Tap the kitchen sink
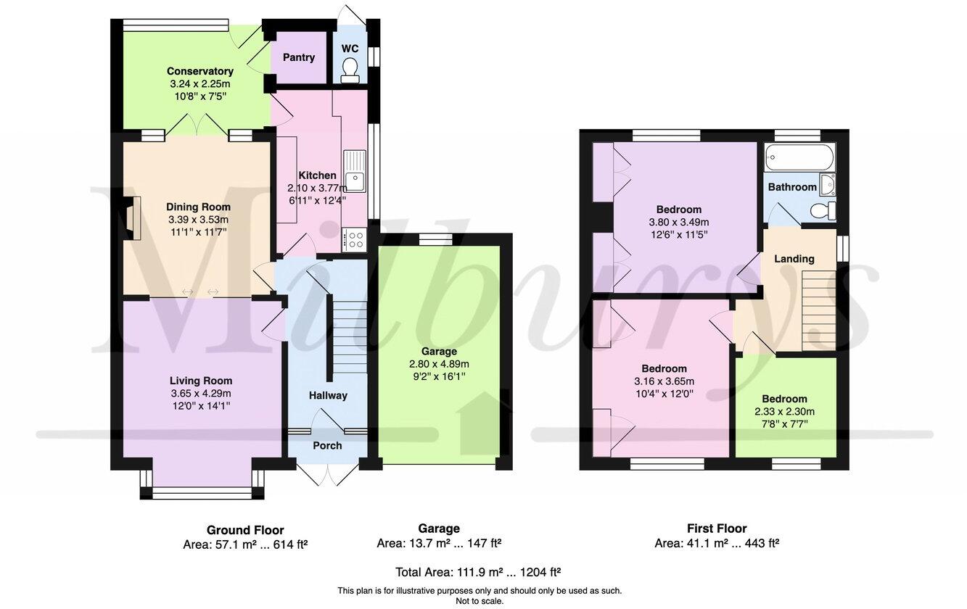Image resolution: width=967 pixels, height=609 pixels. (x=354, y=171)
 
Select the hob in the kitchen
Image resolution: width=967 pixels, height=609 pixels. (x=355, y=239)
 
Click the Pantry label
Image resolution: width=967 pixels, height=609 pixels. (x=299, y=57)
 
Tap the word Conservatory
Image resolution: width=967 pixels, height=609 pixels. (x=200, y=71)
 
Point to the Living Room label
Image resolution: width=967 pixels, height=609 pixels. (x=201, y=381)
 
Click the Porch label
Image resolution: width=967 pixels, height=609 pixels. (x=327, y=445)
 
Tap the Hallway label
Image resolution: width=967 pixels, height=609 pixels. (x=328, y=395)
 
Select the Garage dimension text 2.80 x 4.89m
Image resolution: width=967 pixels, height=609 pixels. (x=439, y=364)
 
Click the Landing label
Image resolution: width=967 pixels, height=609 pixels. (x=794, y=259)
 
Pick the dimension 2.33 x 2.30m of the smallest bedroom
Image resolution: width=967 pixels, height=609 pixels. (x=784, y=411)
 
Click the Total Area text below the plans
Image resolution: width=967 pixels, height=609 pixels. (x=477, y=572)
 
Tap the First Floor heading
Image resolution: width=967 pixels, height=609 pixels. (x=716, y=529)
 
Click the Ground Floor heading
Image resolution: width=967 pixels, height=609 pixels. (x=245, y=530)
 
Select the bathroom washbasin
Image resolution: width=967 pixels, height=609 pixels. (x=827, y=184)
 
